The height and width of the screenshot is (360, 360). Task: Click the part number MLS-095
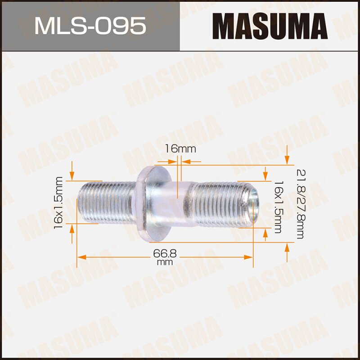[x=90, y=26]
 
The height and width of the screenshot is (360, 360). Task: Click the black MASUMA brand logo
[x=270, y=26]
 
